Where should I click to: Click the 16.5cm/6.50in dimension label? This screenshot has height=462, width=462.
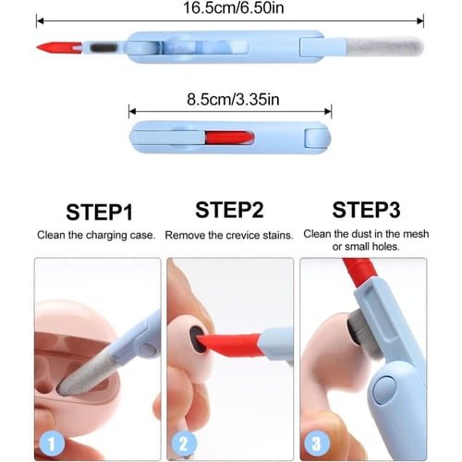click(x=234, y=8)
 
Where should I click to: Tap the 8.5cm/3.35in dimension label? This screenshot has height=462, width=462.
click(x=233, y=100)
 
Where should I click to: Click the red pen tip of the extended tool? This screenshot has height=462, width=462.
click(x=59, y=48)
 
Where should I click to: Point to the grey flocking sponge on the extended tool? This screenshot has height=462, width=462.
click(x=385, y=47)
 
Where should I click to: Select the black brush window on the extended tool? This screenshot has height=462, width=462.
click(x=104, y=48)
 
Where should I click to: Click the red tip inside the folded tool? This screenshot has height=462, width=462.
click(x=229, y=138)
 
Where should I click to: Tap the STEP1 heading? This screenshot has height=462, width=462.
click(x=99, y=213)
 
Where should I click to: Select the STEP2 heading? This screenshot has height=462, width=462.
click(x=229, y=210)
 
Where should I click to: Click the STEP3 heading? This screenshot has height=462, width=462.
click(x=366, y=210)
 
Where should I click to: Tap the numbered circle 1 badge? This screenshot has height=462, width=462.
click(x=52, y=444)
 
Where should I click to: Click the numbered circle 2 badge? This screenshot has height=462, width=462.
click(x=184, y=444)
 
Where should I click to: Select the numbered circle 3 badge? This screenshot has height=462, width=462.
click(x=317, y=444)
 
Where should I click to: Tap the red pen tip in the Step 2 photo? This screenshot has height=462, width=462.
click(x=229, y=345)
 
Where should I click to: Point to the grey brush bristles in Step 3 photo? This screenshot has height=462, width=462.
click(x=365, y=334)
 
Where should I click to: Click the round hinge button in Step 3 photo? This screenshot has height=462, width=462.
click(x=384, y=390)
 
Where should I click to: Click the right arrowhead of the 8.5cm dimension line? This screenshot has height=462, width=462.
click(x=328, y=112)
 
